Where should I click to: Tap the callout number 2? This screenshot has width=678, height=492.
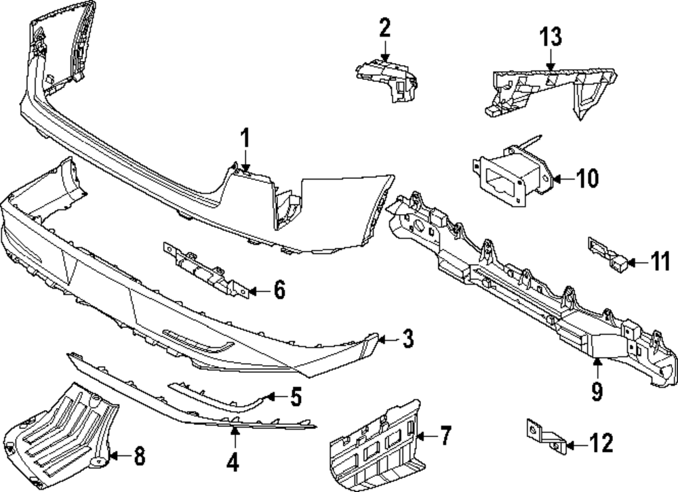[384, 28]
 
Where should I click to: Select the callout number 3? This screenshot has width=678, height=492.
[406, 340]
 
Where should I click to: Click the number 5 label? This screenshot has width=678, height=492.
[295, 396]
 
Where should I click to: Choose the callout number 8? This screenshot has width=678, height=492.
[139, 456]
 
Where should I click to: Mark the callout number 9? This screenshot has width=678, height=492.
[597, 392]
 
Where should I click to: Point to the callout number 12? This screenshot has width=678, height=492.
[601, 444]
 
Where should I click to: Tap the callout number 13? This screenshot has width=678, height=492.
[551, 37]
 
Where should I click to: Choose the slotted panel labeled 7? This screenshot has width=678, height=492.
[376, 444]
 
